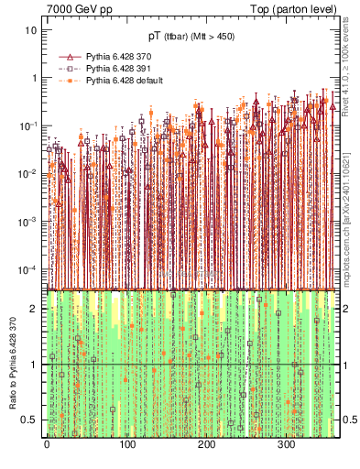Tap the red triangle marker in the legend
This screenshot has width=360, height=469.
[69, 56]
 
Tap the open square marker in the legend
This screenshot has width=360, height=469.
[69, 69]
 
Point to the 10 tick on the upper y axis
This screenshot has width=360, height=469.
[30, 29]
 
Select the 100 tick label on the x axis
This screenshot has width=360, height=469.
[127, 446]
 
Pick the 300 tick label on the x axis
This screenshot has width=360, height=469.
[287, 446]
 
